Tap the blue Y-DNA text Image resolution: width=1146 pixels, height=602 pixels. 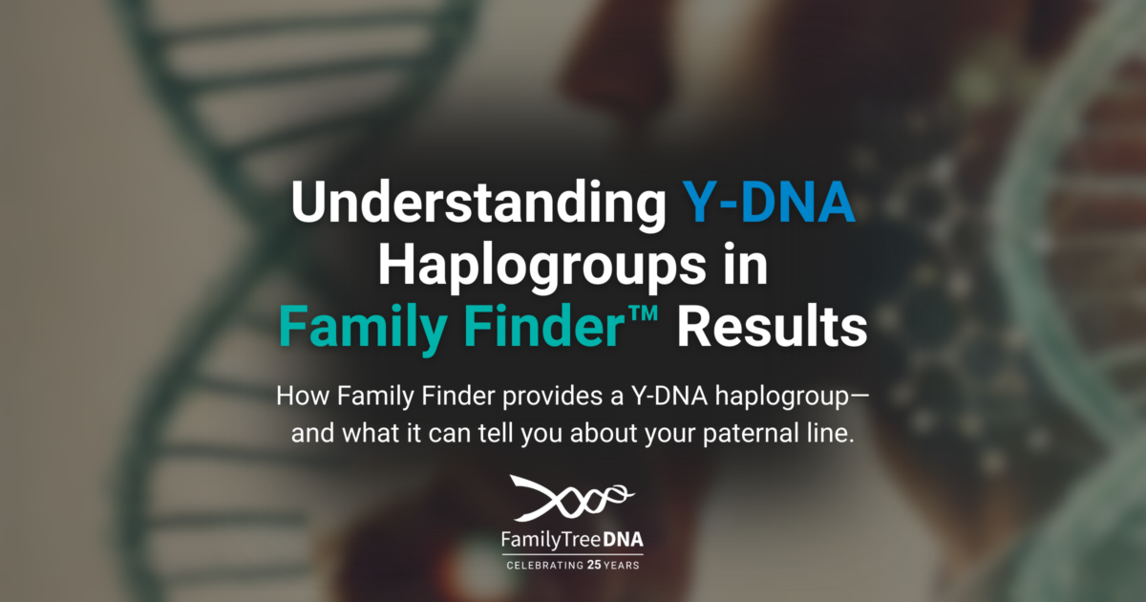click(x=769, y=206)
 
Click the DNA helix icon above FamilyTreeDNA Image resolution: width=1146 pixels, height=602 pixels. click(x=570, y=498)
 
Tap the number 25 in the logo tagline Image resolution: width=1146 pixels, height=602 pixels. click(x=594, y=565)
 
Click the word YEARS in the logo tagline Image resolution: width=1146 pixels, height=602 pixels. click(x=623, y=565)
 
